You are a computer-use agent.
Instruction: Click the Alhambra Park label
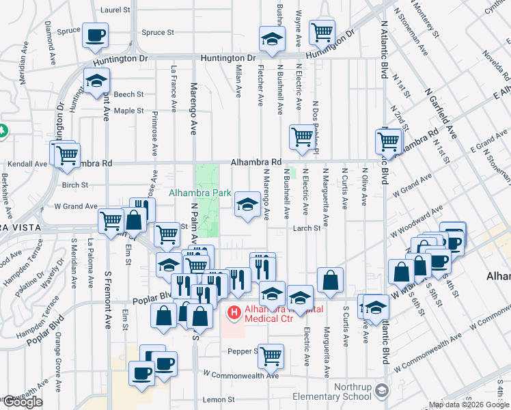pos(200,193)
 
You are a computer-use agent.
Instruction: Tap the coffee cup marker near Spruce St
pos(96,34)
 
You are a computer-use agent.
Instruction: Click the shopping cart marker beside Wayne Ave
pos(321,31)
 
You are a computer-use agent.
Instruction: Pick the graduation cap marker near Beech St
pos(97,80)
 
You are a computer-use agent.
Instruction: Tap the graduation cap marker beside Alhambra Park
pos(247,204)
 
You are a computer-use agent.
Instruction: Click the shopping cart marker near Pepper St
pos(271,355)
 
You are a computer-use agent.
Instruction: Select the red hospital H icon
pos(234,314)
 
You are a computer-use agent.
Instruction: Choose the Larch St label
pos(307,229)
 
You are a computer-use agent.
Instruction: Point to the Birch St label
pos(75,185)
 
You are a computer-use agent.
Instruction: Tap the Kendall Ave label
pos(27,164)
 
